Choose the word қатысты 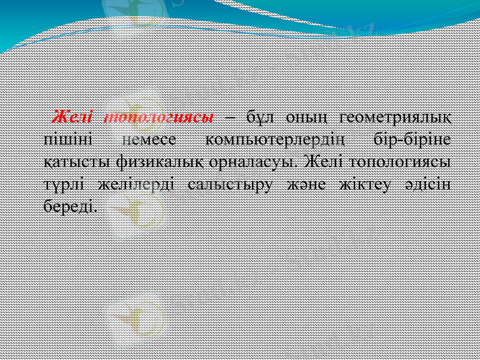(77, 163)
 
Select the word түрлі (64, 185)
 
